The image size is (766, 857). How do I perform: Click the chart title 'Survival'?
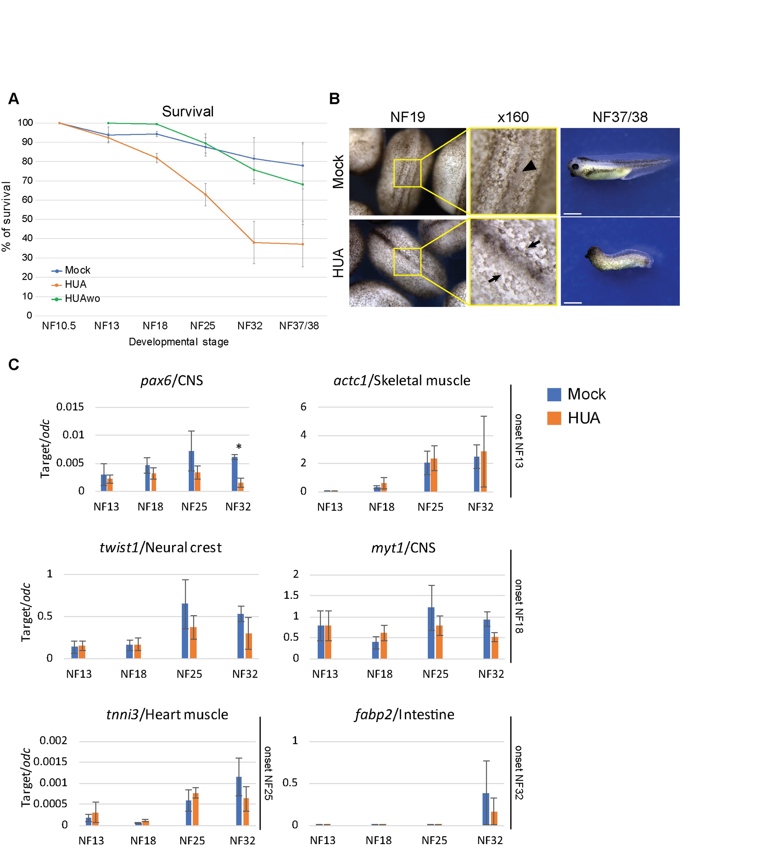tap(188, 111)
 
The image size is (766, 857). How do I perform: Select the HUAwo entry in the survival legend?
tap(82, 299)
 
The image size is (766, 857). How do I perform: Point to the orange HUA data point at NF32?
tap(254, 242)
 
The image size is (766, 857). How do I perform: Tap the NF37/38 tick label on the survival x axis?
tap(299, 326)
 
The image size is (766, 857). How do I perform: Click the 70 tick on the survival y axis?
tap(27, 181)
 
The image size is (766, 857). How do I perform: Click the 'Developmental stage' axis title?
tap(179, 342)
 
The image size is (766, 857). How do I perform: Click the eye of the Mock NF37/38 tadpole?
tap(574, 167)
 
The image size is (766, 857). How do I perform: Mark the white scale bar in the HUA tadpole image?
tap(572, 302)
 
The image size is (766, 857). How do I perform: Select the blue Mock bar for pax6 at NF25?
tap(191, 471)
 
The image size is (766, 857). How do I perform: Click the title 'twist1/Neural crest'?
tap(160, 547)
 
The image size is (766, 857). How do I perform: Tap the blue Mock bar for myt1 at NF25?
tap(431, 633)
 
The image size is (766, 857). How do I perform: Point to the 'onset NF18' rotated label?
tap(519, 606)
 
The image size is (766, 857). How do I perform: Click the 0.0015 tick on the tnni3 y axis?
tap(50, 762)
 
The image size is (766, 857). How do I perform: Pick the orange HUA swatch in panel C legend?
tap(554, 418)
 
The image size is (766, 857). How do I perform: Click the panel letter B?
tap(334, 99)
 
